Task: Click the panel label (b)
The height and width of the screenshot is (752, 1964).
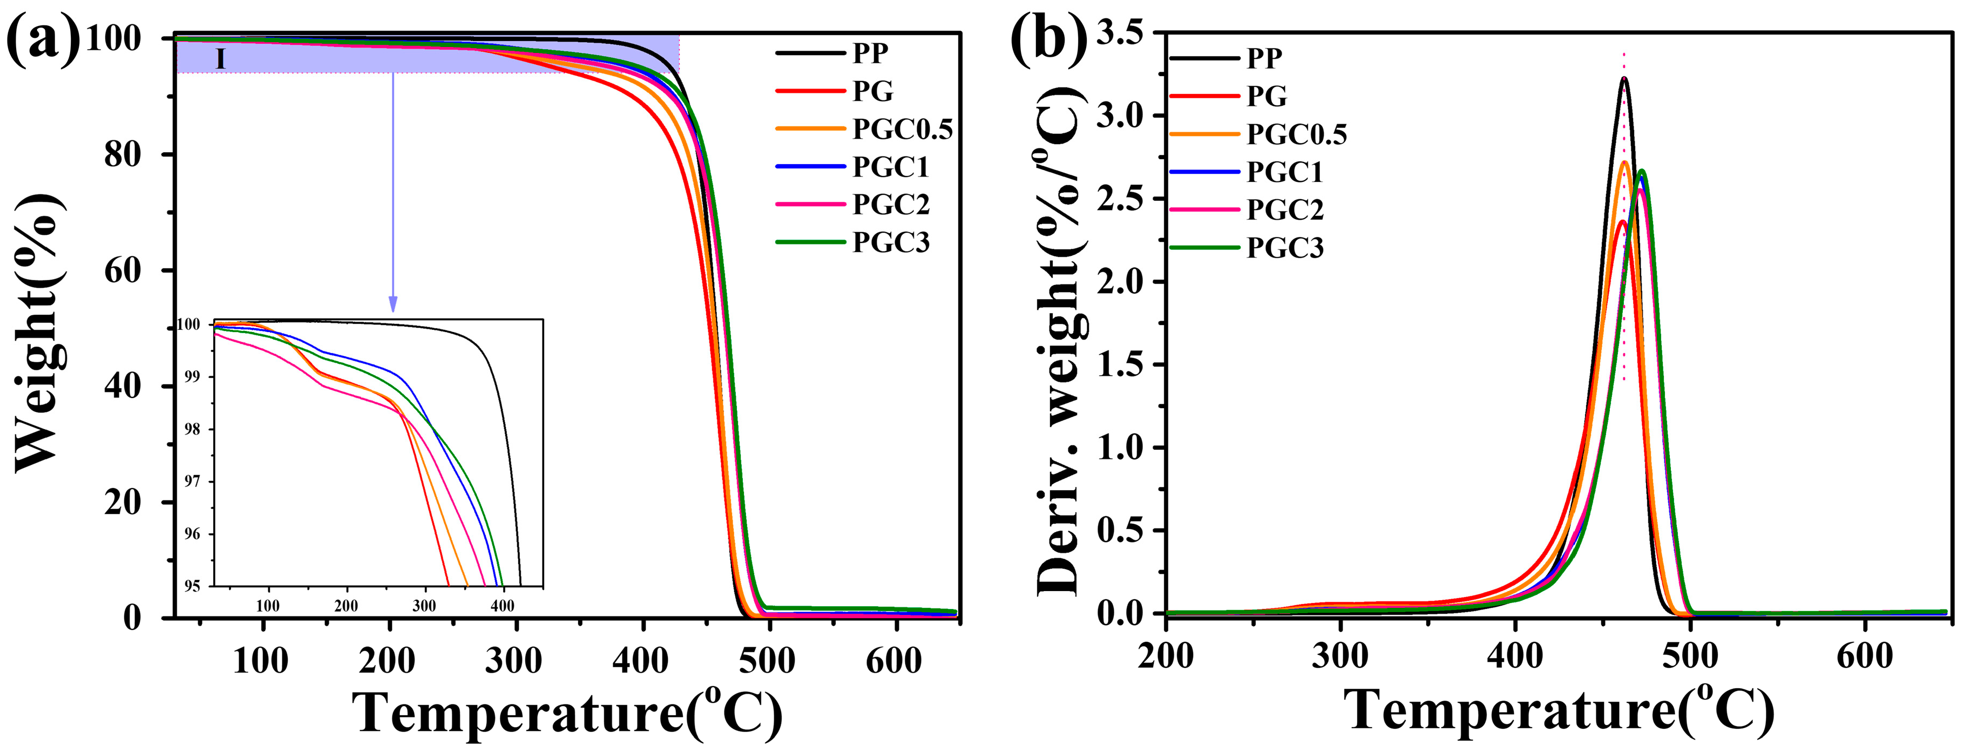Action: (x=1048, y=39)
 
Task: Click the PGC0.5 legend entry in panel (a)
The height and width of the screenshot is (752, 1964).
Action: (x=902, y=130)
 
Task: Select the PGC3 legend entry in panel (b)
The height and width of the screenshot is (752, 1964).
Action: (x=1285, y=248)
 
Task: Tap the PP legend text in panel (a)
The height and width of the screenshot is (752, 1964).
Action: (x=870, y=54)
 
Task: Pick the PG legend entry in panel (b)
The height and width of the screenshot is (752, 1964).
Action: (x=1267, y=96)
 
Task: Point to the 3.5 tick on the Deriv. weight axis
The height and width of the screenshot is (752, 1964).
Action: (x=1123, y=33)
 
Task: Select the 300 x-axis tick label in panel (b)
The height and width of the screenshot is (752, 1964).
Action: (x=1339, y=656)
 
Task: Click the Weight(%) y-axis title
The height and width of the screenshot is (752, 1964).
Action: (x=38, y=332)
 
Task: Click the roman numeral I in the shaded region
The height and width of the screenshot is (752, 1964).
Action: (x=220, y=59)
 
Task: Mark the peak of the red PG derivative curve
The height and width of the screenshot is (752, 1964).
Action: (x=1622, y=222)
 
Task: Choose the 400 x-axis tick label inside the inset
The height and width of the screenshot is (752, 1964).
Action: (x=503, y=606)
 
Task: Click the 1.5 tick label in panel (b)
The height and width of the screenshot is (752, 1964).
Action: (x=1123, y=364)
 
